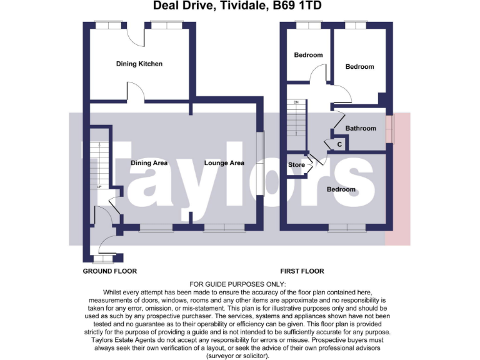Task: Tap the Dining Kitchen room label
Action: click(139, 64)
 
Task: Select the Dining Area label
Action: click(149, 163)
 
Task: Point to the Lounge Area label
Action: click(224, 163)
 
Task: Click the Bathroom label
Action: click(361, 129)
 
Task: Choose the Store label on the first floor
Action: click(296, 165)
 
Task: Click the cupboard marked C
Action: click(339, 144)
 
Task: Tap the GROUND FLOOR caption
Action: click(109, 271)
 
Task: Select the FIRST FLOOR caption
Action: click(302, 271)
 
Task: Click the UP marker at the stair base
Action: click(99, 187)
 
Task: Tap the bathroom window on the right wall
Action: click(390, 129)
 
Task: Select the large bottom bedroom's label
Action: click(341, 189)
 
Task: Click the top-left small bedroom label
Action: click(308, 55)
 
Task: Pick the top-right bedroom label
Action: click(359, 67)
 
